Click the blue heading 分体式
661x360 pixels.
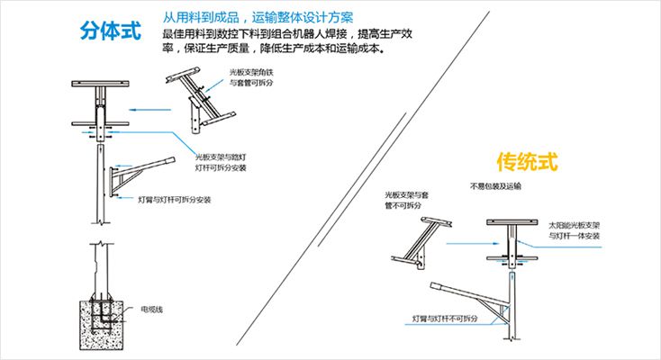110,30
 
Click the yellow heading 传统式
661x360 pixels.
528,162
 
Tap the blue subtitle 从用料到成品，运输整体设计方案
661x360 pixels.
258,17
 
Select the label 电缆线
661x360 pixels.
151,309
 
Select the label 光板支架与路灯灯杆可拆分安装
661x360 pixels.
220,161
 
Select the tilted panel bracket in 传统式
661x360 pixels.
421,238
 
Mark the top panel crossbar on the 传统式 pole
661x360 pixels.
512,222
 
